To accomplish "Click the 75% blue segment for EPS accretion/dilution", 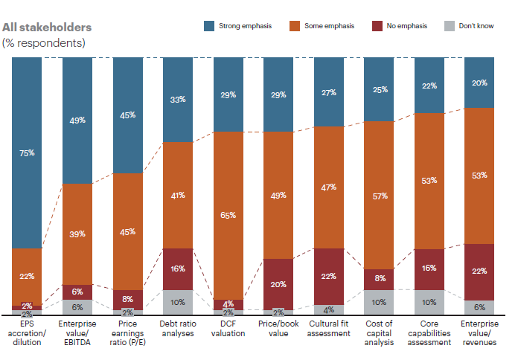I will [27, 152].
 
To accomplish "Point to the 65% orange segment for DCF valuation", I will [228, 216].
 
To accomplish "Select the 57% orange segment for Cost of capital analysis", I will [379, 196].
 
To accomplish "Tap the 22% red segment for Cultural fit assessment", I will [329, 276].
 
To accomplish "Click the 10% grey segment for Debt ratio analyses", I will [177, 303].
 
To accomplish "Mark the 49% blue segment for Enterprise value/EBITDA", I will [77, 120].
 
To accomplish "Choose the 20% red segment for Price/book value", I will [278, 283].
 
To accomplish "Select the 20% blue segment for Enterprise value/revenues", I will [479, 83].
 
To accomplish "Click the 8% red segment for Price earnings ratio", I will [127, 300].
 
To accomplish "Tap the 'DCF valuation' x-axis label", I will [228, 328].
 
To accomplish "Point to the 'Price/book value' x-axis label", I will [278, 328].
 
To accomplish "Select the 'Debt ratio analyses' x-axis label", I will [177, 328].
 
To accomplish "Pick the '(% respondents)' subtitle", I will [44, 43].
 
